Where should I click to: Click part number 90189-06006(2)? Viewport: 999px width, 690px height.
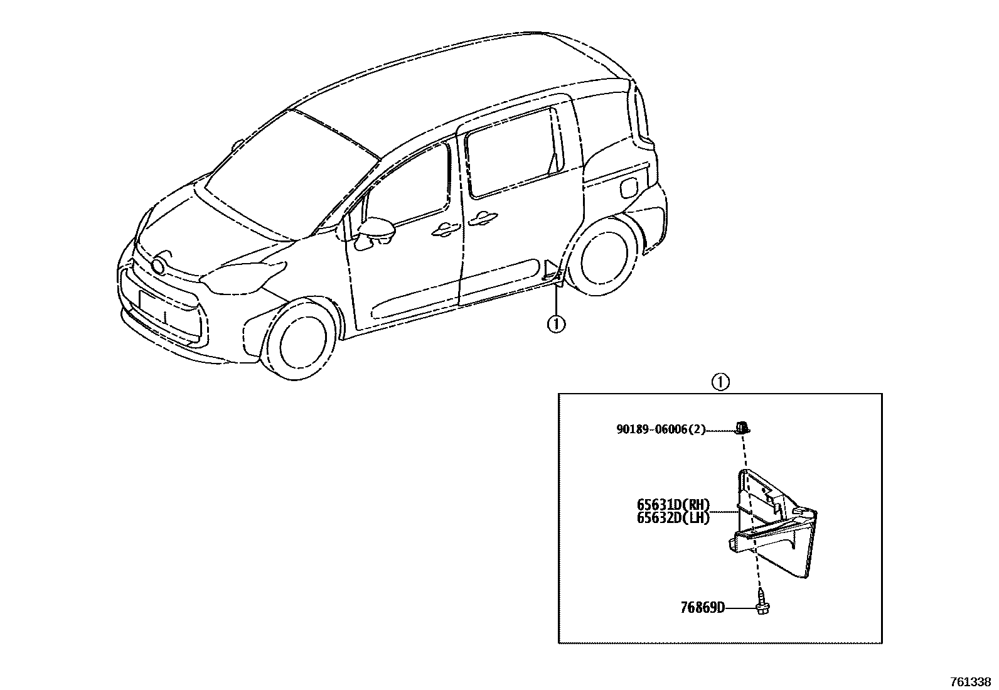click(x=661, y=429)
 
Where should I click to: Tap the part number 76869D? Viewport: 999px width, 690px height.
click(x=702, y=607)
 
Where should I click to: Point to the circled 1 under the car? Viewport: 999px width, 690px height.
click(x=556, y=324)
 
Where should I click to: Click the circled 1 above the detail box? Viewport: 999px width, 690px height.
click(x=720, y=382)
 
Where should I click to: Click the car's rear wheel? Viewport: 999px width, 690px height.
click(x=608, y=258)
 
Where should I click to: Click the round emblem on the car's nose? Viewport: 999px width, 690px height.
click(x=159, y=266)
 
